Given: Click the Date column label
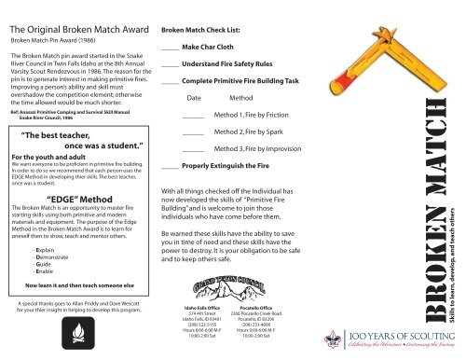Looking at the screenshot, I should click(x=195, y=97).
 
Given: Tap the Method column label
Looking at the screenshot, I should click(x=241, y=97).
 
